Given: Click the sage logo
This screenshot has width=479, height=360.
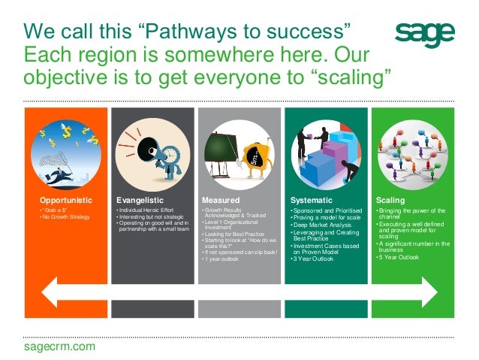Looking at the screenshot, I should pos(424,35).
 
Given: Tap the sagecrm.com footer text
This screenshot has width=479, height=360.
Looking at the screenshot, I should pos(60,346).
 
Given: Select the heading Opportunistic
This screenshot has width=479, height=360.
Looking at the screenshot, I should pos(66,201).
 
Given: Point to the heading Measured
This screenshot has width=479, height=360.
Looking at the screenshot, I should pos(221,201).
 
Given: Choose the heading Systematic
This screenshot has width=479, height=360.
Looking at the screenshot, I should pos(311,201).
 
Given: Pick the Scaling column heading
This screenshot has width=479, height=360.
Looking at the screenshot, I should pos(390,201).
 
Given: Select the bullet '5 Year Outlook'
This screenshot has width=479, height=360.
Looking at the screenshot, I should pos(401,257).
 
